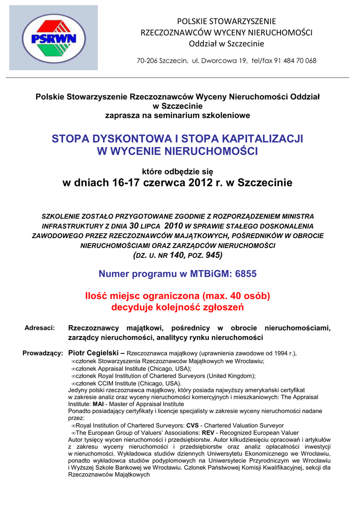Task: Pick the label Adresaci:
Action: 39,328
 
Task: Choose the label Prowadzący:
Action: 43,353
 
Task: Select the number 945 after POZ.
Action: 213,255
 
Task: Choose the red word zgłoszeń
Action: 222,307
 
